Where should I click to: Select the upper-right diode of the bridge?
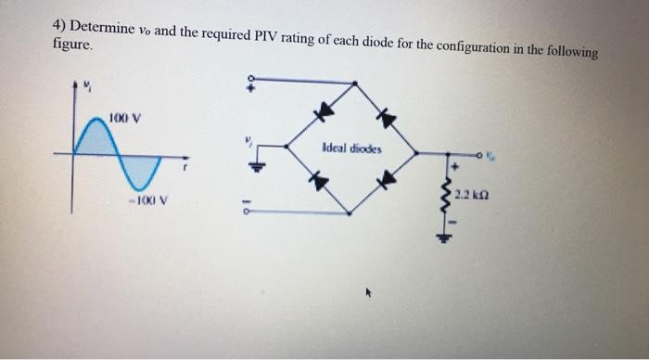(388, 117)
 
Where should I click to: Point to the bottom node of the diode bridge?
(350, 213)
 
